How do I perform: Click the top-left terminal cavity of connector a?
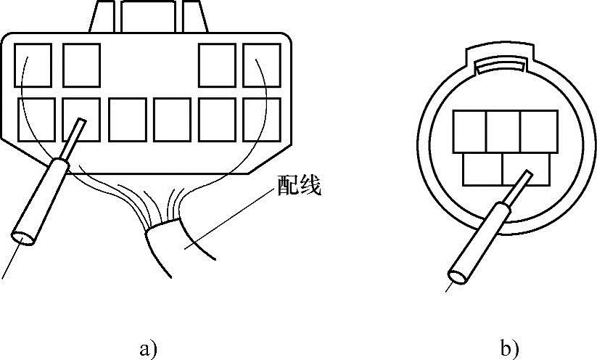pyautogui.click(x=34, y=65)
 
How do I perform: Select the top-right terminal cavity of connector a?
pyautogui.click(x=261, y=65)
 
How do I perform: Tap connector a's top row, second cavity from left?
pyautogui.click(x=81, y=65)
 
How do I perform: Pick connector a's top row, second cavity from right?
pyautogui.click(x=216, y=65)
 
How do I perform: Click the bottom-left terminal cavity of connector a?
pyautogui.click(x=36, y=119)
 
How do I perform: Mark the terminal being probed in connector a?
pyautogui.click(x=81, y=119)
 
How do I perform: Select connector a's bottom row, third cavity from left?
pyautogui.click(x=126, y=119)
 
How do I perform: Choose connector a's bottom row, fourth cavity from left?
pyautogui.click(x=172, y=119)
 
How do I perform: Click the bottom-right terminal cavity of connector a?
pyautogui.click(x=261, y=119)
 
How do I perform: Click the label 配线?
pyautogui.click(x=298, y=187)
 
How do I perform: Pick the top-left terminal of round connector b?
pyautogui.click(x=469, y=131)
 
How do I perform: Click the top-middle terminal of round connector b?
pyautogui.click(x=503, y=131)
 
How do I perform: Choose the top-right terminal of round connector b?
pyautogui.click(x=538, y=131)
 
